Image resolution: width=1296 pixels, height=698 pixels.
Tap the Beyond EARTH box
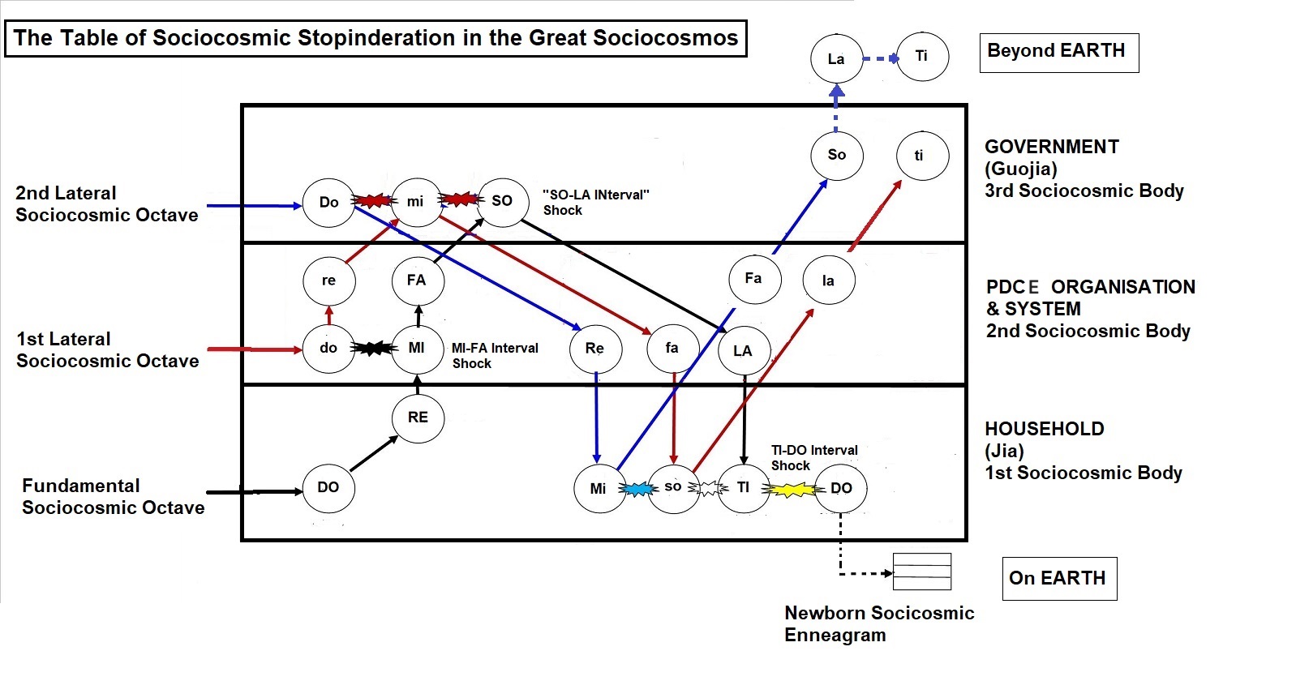tap(1058, 52)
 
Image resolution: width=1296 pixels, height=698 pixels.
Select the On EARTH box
tap(1058, 578)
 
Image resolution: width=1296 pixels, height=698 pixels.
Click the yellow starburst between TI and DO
tap(793, 490)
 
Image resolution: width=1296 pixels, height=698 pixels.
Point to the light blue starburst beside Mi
tap(637, 489)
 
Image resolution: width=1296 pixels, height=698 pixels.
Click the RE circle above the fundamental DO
tap(418, 418)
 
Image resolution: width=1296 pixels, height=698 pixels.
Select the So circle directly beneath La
tap(836, 155)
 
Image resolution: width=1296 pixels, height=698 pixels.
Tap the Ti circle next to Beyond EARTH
tap(922, 56)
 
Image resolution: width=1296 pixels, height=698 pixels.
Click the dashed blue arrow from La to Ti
tap(880, 58)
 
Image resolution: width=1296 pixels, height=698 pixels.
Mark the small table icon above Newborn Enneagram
tap(921, 572)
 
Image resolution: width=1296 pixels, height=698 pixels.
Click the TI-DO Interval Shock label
tap(813, 458)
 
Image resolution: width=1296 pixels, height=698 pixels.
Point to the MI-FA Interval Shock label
tap(494, 356)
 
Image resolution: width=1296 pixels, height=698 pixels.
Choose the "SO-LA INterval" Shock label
tap(595, 203)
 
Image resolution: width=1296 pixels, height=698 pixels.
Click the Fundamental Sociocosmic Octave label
tap(113, 496)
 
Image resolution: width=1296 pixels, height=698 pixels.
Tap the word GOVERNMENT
tap(1051, 147)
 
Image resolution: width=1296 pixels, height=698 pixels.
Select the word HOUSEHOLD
tap(1044, 429)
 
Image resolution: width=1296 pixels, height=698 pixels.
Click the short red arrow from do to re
tap(328, 315)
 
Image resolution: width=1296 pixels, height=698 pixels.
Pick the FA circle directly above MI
tap(417, 280)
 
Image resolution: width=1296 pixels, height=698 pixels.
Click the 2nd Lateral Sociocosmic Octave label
tap(106, 203)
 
